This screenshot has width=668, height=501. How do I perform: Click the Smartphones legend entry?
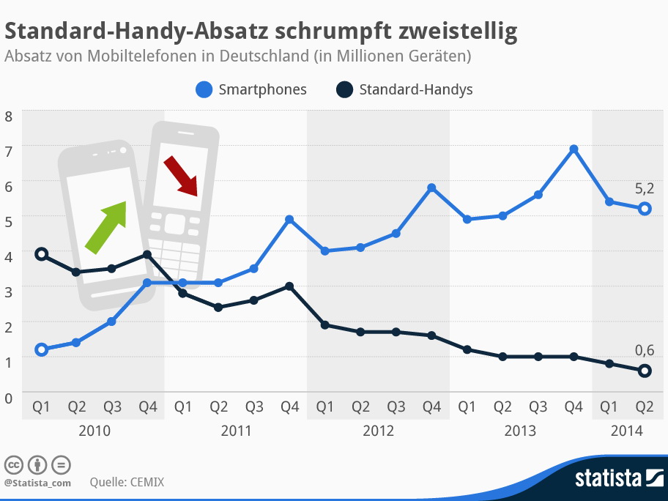(252, 90)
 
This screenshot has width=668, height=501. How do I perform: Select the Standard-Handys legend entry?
(404, 90)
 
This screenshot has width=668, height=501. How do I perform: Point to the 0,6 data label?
(644, 350)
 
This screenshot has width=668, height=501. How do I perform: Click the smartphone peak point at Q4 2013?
(574, 149)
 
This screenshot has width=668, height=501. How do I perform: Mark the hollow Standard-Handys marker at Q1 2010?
(42, 254)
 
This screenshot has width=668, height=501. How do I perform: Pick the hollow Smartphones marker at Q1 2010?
(42, 349)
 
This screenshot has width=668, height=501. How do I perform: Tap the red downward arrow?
(180, 176)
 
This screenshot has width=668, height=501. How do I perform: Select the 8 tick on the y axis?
(9, 116)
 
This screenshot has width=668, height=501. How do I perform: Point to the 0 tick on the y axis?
(9, 398)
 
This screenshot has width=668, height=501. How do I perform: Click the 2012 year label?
(378, 431)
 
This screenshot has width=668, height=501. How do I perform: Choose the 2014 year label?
(627, 431)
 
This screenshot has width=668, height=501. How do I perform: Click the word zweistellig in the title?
(455, 31)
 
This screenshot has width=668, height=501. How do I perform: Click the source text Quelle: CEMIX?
(127, 482)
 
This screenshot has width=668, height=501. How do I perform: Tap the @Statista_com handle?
(37, 483)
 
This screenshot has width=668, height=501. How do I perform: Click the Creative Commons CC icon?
(12, 464)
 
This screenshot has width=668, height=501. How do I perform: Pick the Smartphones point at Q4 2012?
(431, 188)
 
